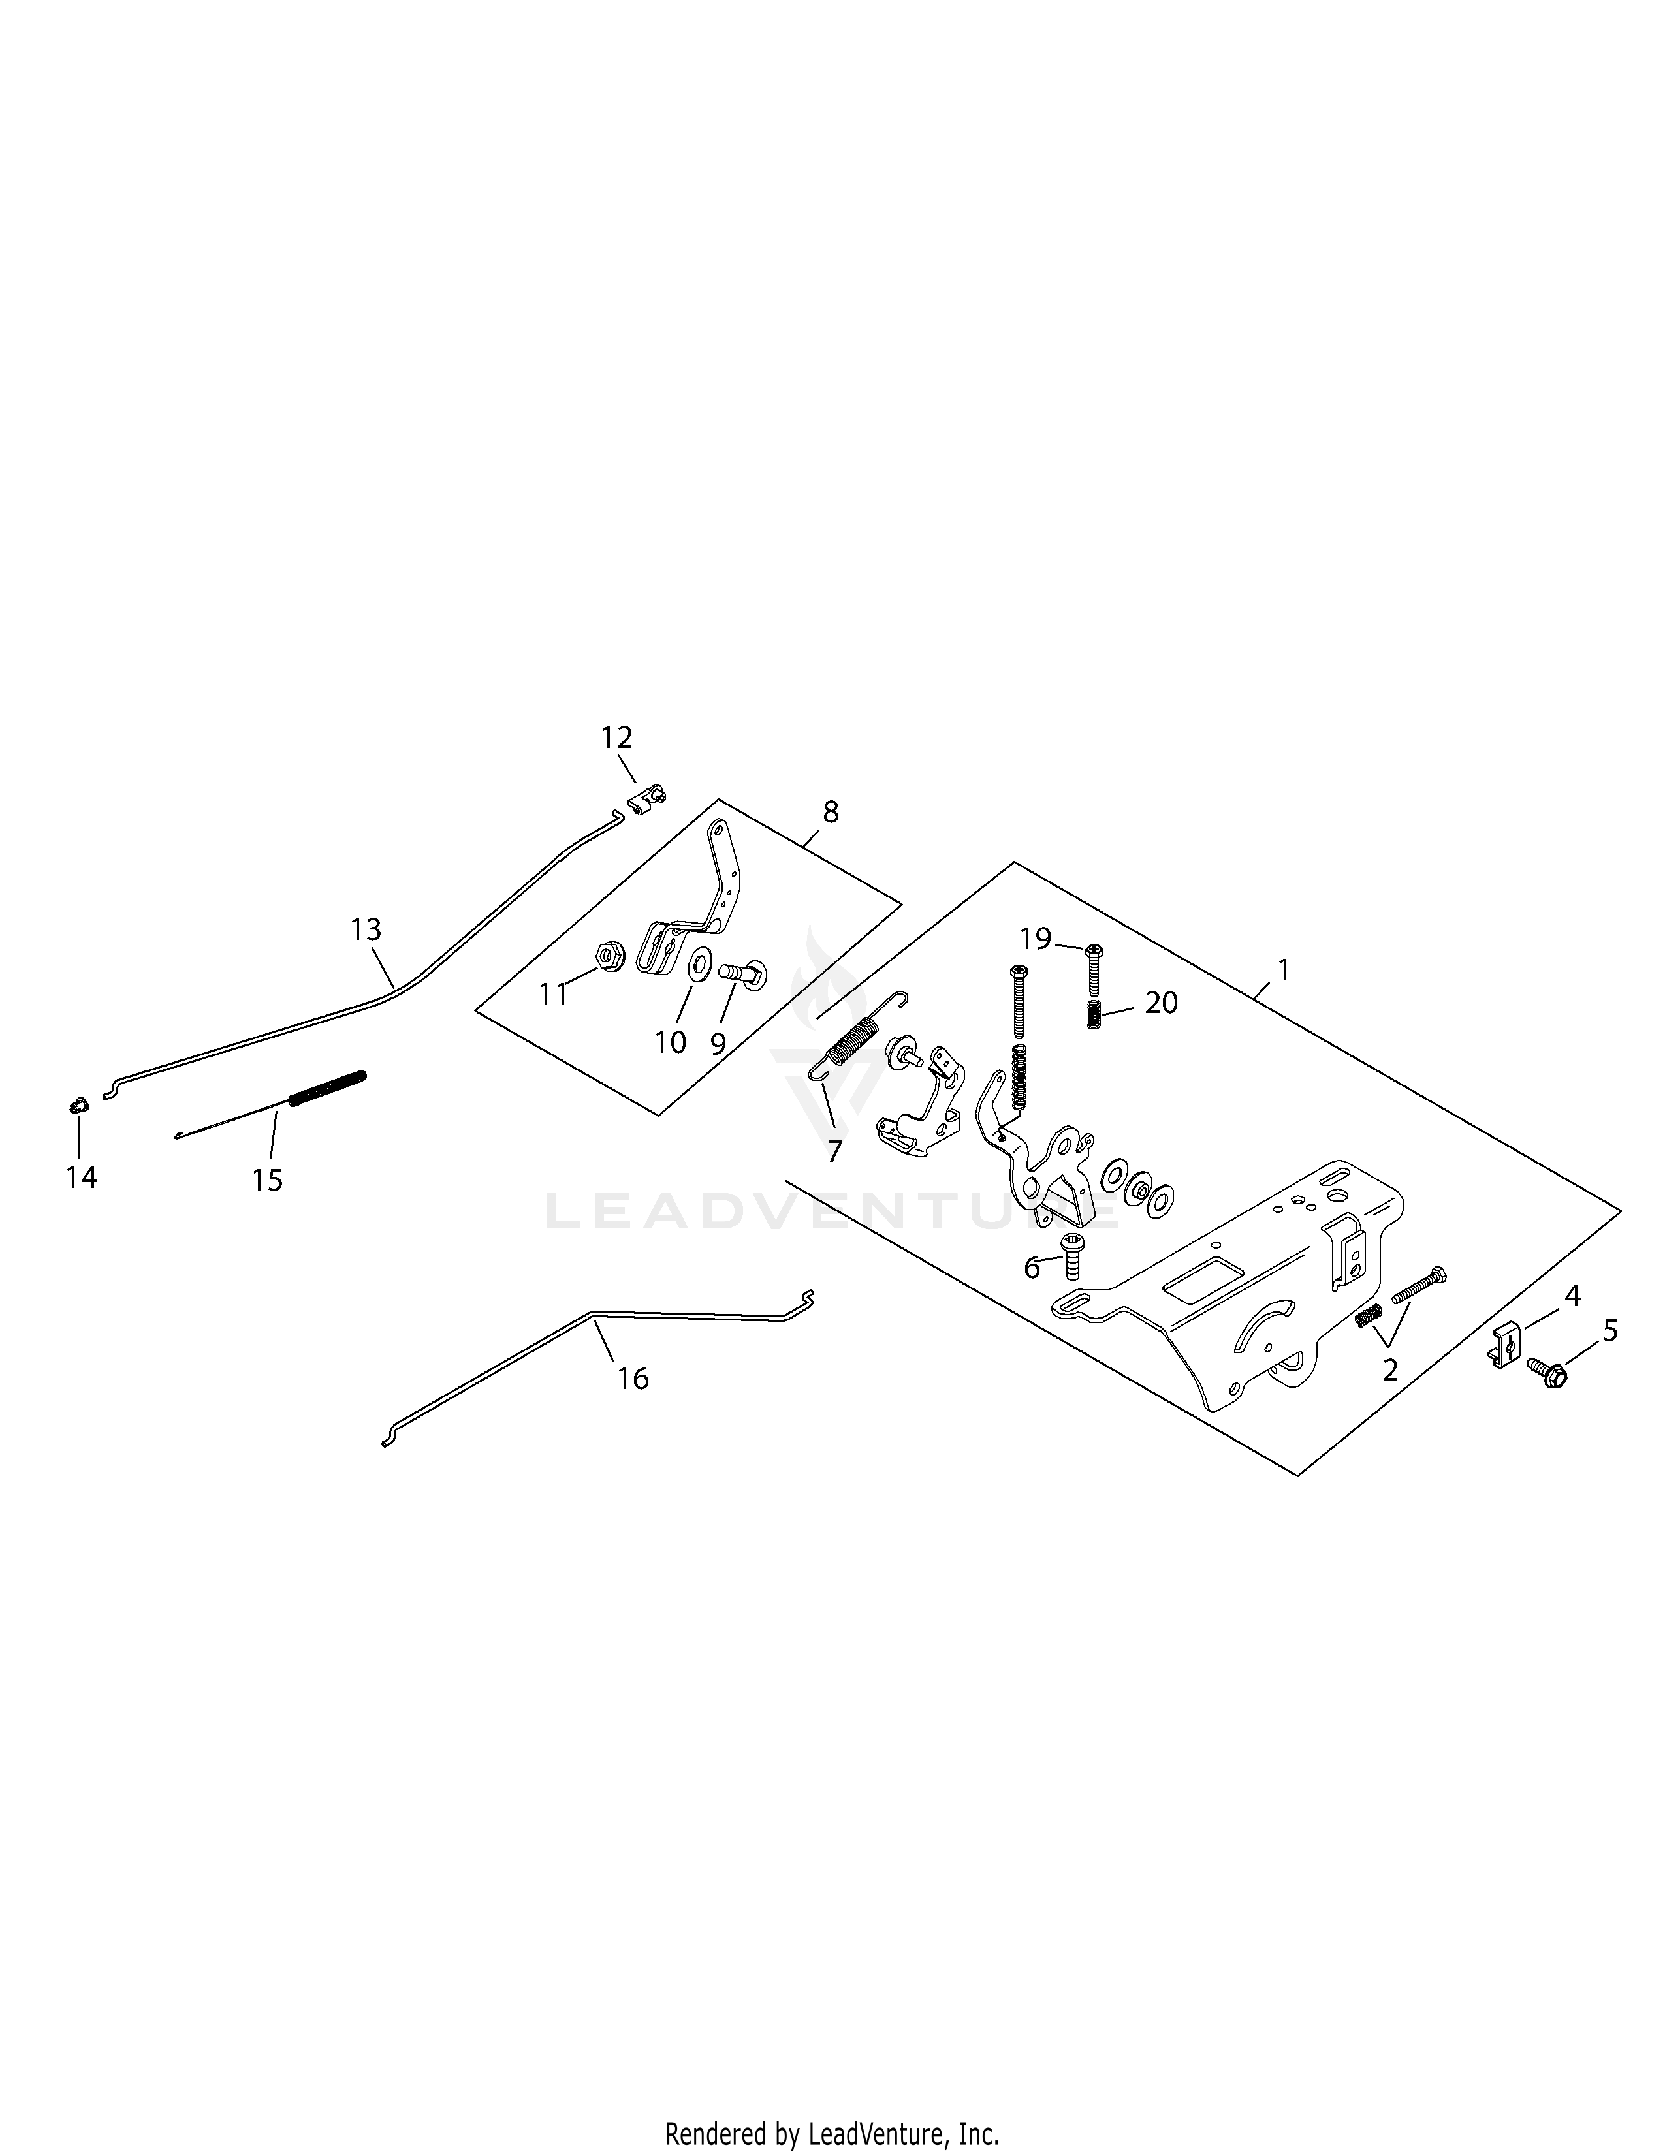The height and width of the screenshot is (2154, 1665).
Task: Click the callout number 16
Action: pos(633,1378)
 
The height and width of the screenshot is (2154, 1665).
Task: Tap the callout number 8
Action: pos(831,812)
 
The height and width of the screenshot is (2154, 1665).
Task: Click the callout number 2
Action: pos(1390,1370)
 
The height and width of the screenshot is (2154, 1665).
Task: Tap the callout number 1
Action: pos(1283,971)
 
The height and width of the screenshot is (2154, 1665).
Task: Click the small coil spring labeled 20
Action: pos(1093,1014)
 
